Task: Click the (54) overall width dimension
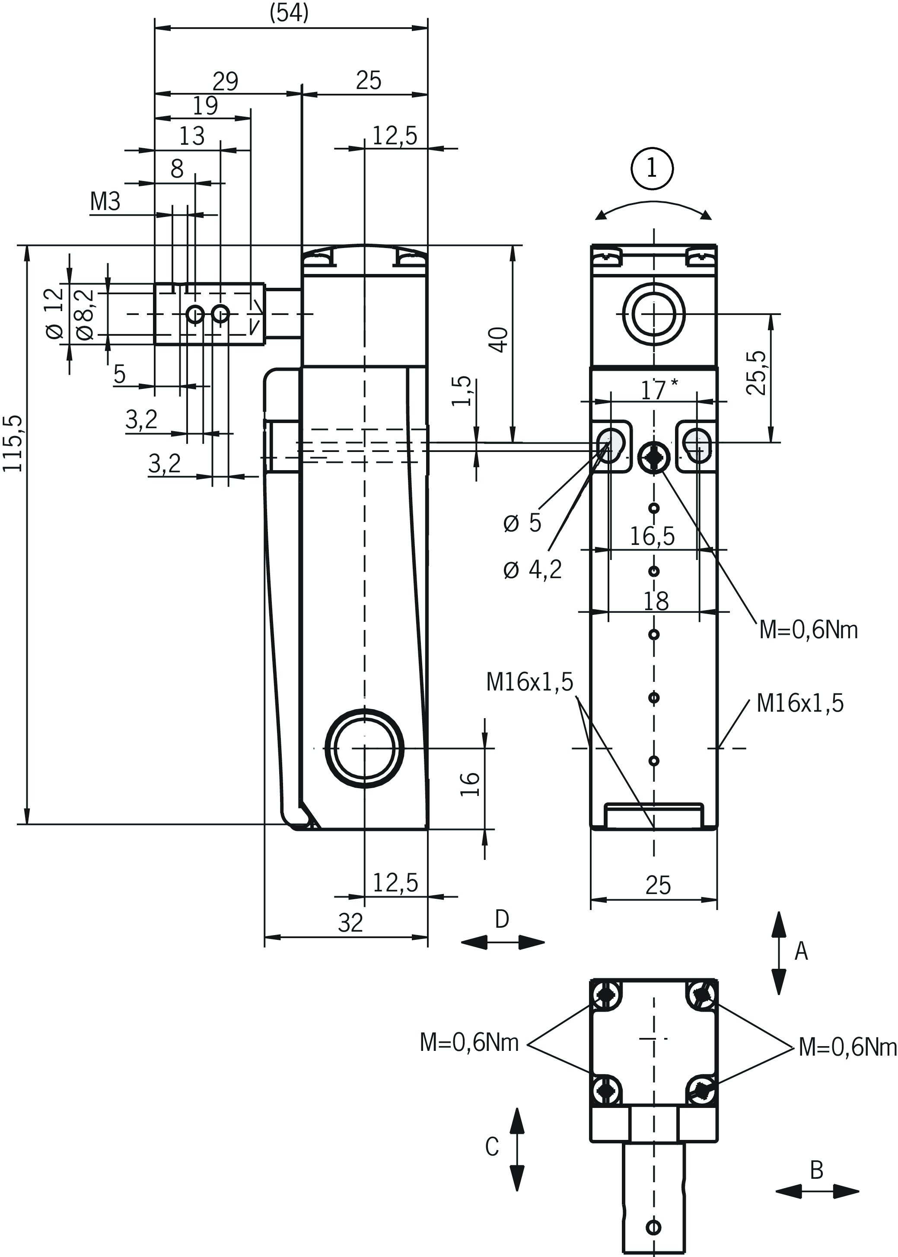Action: pyautogui.click(x=289, y=13)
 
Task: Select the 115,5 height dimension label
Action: pyautogui.click(x=13, y=443)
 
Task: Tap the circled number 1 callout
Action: pyautogui.click(x=652, y=168)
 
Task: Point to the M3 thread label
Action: pyautogui.click(x=105, y=202)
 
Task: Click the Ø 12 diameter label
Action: pyautogui.click(x=54, y=313)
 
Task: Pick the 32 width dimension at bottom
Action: pyautogui.click(x=350, y=923)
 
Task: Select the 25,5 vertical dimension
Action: pyautogui.click(x=756, y=372)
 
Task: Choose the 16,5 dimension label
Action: pyautogui.click(x=652, y=536)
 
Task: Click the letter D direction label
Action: pyautogui.click(x=502, y=919)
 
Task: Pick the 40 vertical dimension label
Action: pyautogui.click(x=499, y=339)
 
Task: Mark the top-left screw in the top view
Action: pyautogui.click(x=605, y=995)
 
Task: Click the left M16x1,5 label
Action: pyautogui.click(x=529, y=682)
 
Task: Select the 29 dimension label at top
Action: pyautogui.click(x=225, y=81)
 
